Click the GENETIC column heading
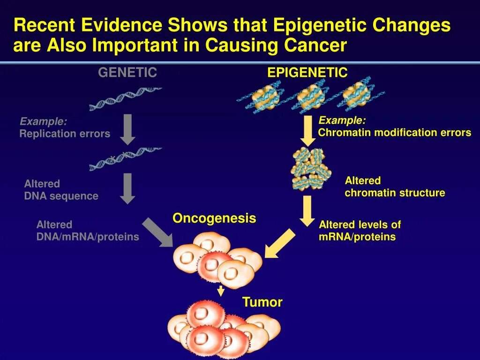[127, 73]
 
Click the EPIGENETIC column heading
[307, 73]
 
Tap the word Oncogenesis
[214, 218]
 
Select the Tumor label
[262, 302]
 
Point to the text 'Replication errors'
[65, 134]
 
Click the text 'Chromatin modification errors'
[394, 133]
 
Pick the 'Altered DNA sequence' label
[61, 190]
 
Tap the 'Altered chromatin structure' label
[395, 187]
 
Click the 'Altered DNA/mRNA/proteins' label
[88, 231]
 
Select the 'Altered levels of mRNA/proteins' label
[360, 231]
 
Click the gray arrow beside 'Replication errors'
[127, 129]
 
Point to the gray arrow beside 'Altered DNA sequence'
[127, 188]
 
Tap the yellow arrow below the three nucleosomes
[307, 130]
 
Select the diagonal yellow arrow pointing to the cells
[280, 243]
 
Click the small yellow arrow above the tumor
[221, 291]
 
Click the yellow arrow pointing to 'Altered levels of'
[307, 210]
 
